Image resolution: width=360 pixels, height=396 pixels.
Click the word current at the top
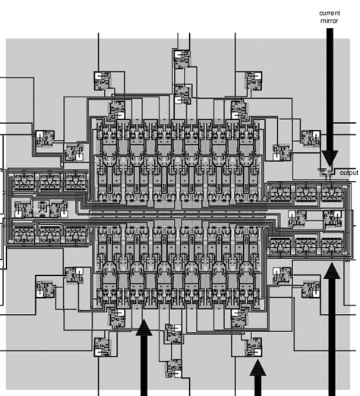click(330, 13)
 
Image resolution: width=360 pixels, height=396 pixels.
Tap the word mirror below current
click(330, 21)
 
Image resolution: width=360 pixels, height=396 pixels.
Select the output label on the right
click(349, 173)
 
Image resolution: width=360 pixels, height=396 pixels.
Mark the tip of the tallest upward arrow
click(331, 262)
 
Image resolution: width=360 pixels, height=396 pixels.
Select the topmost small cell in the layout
click(182, 60)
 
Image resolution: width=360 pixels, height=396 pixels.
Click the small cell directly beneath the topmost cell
click(182, 94)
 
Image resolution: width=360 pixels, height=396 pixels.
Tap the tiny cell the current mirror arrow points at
click(327, 169)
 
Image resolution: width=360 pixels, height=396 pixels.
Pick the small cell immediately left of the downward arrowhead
click(310, 138)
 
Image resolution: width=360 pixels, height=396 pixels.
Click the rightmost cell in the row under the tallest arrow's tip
click(331, 245)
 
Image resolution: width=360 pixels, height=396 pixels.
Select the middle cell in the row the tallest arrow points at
click(306, 245)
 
